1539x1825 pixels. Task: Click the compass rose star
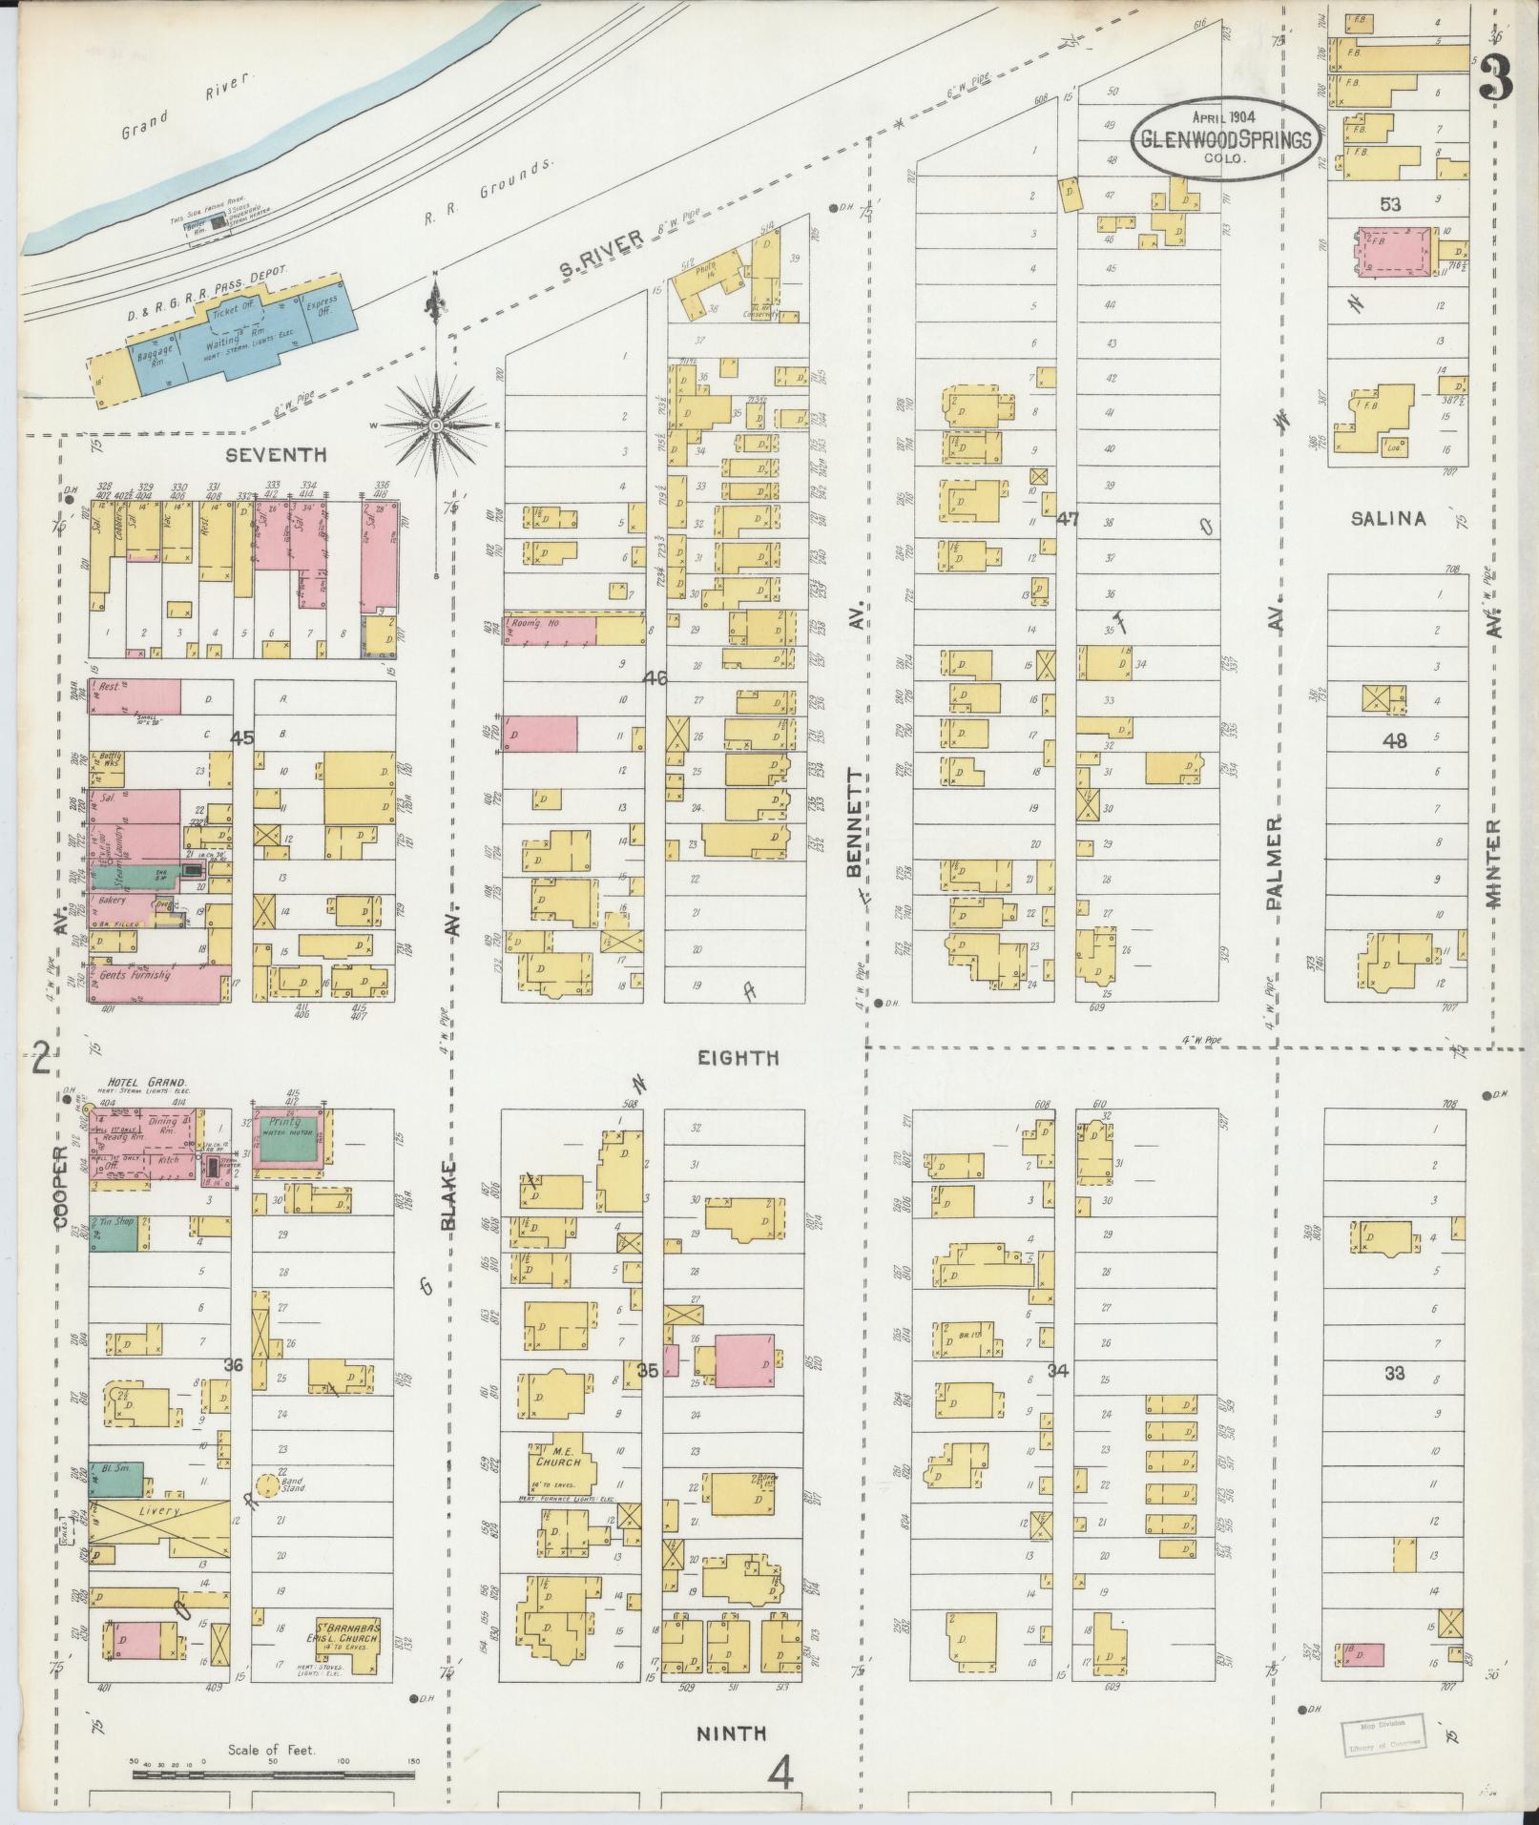click(x=436, y=423)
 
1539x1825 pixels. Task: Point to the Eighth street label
click(x=737, y=1057)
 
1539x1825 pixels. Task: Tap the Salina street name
click(x=1388, y=520)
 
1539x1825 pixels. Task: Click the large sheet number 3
click(x=1497, y=81)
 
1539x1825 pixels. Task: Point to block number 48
click(x=1396, y=740)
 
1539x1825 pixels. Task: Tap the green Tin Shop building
click(x=114, y=1234)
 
